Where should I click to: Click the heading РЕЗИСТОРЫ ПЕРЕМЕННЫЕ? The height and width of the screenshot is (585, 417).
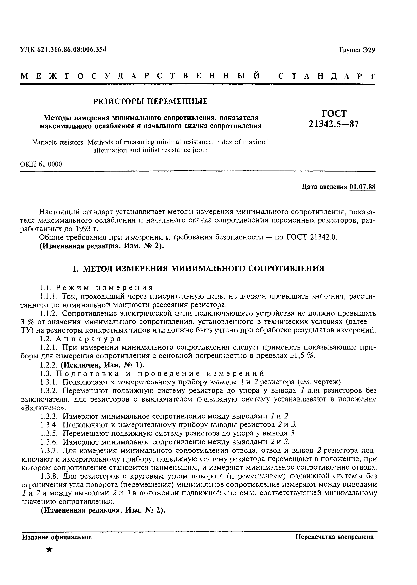[x=150, y=101]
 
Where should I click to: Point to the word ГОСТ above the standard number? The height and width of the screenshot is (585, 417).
[x=334, y=113]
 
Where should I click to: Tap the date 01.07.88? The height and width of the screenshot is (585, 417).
[x=362, y=187]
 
